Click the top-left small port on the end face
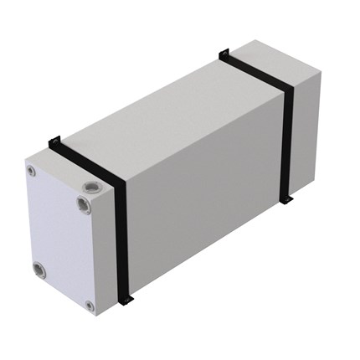click(x=32, y=171)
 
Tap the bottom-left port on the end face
click(x=39, y=269)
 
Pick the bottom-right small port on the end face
click(x=90, y=306)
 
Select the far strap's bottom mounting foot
click(x=290, y=202)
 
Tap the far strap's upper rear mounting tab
click(x=224, y=54)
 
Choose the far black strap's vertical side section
click(x=289, y=142)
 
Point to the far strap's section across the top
click(x=255, y=71)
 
